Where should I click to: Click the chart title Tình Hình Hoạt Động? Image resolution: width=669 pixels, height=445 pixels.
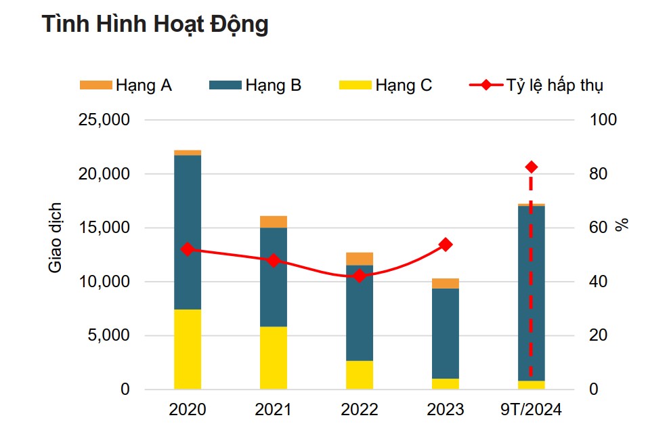[x=155, y=24]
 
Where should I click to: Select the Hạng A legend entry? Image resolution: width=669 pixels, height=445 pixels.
[x=126, y=85]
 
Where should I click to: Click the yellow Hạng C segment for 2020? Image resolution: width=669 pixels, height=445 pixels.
[x=188, y=349]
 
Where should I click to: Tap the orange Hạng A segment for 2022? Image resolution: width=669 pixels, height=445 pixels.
[x=360, y=258]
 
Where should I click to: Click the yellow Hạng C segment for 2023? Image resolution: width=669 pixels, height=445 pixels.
[x=446, y=383]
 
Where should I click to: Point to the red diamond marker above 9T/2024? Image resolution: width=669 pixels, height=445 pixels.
[x=532, y=167]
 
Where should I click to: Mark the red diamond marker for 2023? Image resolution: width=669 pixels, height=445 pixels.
[x=446, y=245]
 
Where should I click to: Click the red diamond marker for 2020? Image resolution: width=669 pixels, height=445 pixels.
[x=188, y=249]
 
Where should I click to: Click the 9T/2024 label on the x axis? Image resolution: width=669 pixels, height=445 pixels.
[x=532, y=410]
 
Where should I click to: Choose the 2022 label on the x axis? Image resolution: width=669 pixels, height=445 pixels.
[x=360, y=410]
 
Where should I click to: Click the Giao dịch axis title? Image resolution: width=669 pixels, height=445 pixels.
[x=56, y=237]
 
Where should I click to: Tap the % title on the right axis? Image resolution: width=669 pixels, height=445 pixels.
[x=622, y=225]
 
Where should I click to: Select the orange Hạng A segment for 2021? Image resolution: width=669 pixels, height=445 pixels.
[x=274, y=221]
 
